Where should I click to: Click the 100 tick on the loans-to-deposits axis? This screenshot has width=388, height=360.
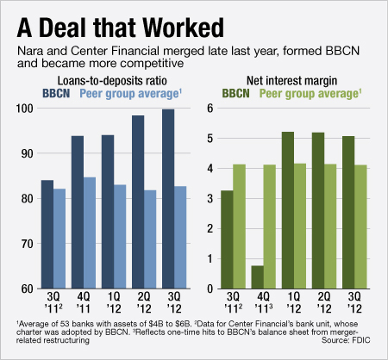pyautogui.click(x=26, y=109)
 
